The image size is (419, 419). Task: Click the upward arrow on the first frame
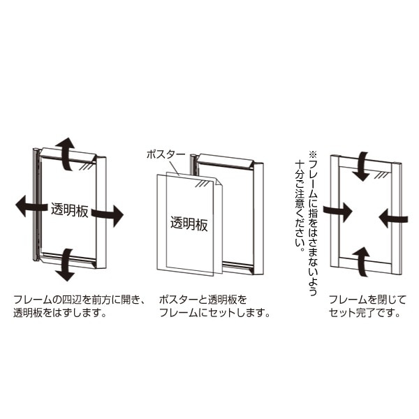[x=66, y=153]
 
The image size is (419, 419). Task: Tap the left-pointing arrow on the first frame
[x=30, y=206]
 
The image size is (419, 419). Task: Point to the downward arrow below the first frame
[x=66, y=265]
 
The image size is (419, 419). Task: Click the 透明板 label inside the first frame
[x=69, y=211]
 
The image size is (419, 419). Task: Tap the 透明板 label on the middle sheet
[x=189, y=223]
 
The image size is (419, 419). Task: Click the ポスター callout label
[x=166, y=155]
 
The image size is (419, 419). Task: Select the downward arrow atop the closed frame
[x=361, y=166]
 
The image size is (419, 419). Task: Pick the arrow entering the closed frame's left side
[x=337, y=212]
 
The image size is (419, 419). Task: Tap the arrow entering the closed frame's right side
[x=393, y=219]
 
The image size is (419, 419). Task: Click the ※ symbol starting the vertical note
[x=313, y=154]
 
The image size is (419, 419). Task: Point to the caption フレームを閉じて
[x=367, y=300]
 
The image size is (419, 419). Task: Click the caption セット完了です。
[x=365, y=313]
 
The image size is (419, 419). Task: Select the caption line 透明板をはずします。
[x=60, y=313]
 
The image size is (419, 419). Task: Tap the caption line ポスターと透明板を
[x=203, y=300]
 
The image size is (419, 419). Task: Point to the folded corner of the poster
[x=218, y=182]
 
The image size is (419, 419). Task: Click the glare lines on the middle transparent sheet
[x=203, y=184]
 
